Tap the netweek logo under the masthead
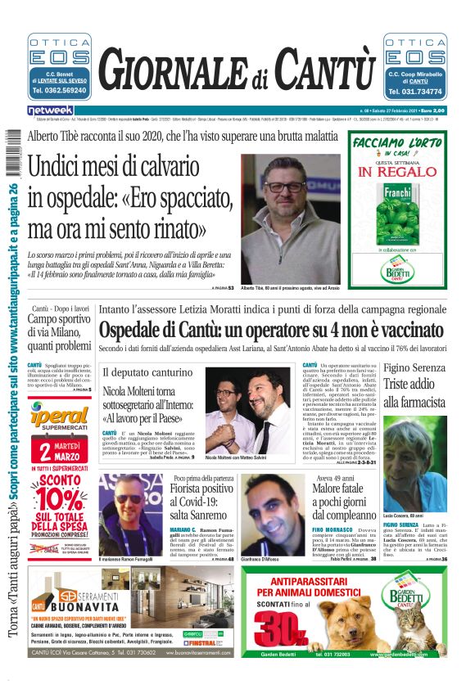[x=50, y=110]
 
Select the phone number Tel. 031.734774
[x=417, y=92]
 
